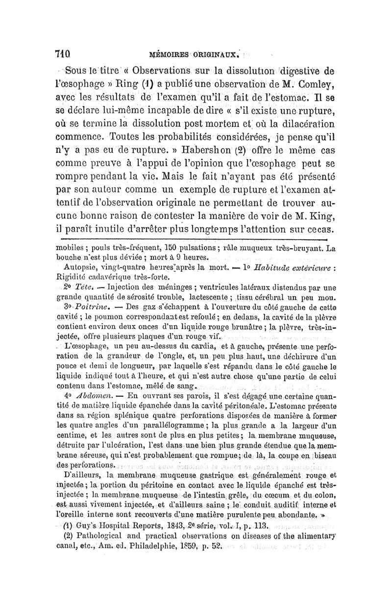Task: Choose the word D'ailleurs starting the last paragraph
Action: coord(81,476)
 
